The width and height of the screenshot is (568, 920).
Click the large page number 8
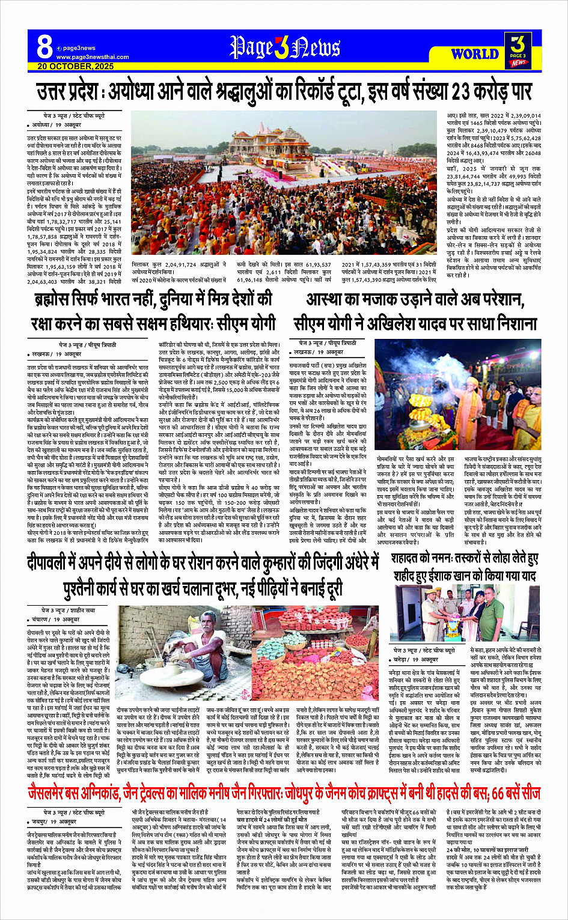coord(44,47)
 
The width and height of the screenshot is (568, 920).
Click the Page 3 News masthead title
coord(285,48)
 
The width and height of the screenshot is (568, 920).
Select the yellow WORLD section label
coord(475,53)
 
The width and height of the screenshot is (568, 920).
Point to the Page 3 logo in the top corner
coord(518,49)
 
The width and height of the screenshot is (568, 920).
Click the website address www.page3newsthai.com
coord(93,57)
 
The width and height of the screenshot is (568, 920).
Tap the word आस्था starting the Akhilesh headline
coord(328,299)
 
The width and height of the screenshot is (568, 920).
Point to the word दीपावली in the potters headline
coord(57,562)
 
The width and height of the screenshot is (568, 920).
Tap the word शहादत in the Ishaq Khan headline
coord(413,559)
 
